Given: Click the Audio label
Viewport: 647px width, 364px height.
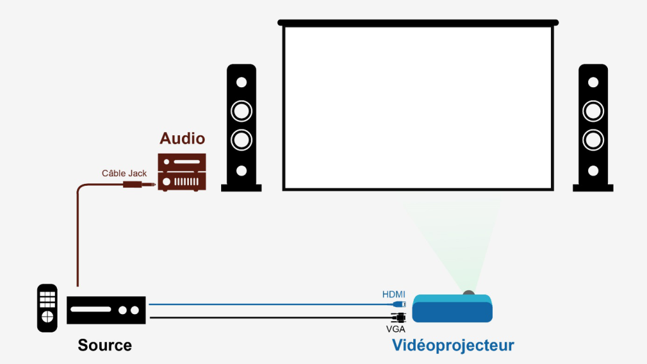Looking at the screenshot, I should point(182,138).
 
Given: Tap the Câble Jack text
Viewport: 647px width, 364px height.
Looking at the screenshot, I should point(124,173).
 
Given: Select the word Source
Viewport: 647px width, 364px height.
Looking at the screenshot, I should point(105,345).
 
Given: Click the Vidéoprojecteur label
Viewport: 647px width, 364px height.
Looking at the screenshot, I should point(453,346).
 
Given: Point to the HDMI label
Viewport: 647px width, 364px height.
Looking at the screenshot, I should point(394,294).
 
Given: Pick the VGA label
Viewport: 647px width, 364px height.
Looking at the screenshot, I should point(396,329).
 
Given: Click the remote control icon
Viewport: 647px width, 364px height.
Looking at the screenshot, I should point(47,308).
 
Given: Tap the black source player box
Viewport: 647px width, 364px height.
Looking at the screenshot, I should point(107,310).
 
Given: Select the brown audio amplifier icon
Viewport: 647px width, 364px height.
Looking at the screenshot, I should point(182,172).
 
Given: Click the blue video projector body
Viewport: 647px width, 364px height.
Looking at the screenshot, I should point(452,310).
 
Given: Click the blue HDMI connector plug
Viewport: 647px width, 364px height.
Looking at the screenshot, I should point(399,304).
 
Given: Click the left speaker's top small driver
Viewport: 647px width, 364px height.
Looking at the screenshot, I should point(241,82).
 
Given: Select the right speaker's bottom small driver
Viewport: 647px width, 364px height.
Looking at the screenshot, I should point(593,171).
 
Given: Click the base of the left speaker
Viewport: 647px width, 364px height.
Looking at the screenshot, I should point(241,188).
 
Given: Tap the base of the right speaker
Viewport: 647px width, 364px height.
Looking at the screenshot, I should point(593,188).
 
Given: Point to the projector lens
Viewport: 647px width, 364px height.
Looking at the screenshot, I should point(468,293).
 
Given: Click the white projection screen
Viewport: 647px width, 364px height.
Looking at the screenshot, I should point(418,107).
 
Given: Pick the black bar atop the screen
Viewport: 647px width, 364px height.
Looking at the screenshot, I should point(418,23).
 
